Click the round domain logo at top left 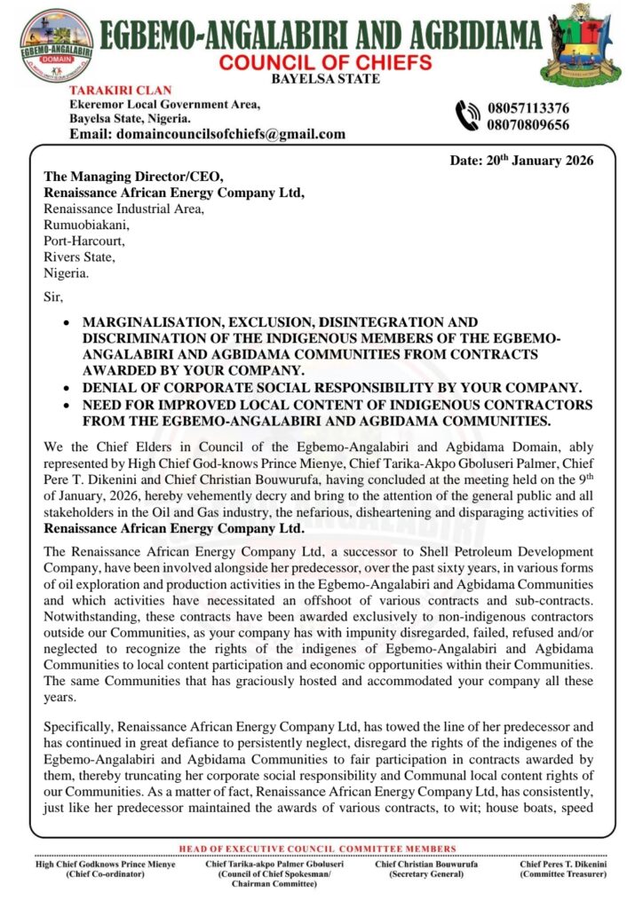[x=58, y=45]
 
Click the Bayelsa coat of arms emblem [x=582, y=41]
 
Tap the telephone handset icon [x=467, y=116]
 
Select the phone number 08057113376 [x=528, y=108]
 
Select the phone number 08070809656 [x=528, y=125]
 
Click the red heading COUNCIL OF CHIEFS [x=326, y=62]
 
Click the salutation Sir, [x=55, y=297]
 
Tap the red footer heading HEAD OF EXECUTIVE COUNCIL [x=317, y=849]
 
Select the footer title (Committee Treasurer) [x=563, y=874]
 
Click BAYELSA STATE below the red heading [x=326, y=79]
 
